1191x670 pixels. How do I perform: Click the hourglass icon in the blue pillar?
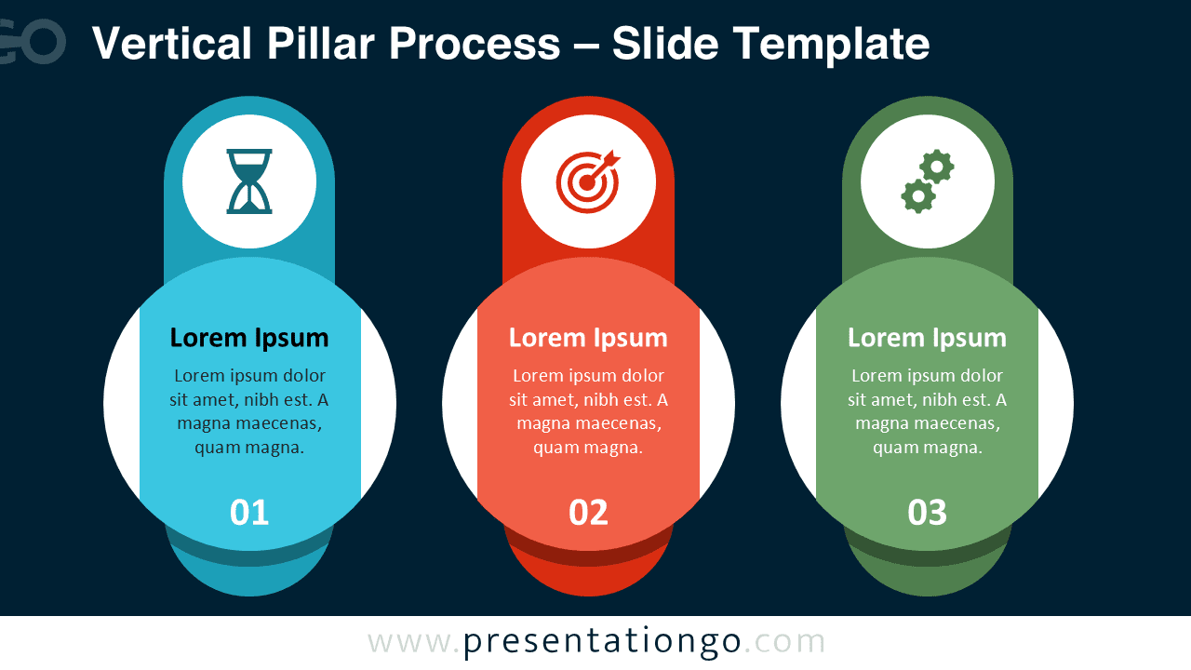pyautogui.click(x=249, y=181)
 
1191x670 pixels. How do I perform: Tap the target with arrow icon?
pyautogui.click(x=588, y=181)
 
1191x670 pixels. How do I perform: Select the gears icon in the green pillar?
pyautogui.click(x=928, y=181)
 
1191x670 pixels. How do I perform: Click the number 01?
pyautogui.click(x=249, y=513)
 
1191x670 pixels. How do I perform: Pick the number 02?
pyautogui.click(x=588, y=513)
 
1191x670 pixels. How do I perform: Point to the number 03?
pyautogui.click(x=928, y=513)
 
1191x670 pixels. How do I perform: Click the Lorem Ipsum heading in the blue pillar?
pyautogui.click(x=249, y=338)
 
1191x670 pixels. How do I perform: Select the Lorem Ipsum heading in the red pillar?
pyautogui.click(x=588, y=338)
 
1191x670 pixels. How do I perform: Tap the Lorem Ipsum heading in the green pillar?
pyautogui.click(x=928, y=338)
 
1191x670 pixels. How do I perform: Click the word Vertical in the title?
pyautogui.click(x=172, y=44)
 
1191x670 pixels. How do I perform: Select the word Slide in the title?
pyautogui.click(x=663, y=44)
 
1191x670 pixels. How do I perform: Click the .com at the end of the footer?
pyautogui.click(x=785, y=642)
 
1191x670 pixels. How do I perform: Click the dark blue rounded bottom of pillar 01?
pyautogui.click(x=249, y=579)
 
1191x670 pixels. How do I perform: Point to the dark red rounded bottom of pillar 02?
pyautogui.click(x=588, y=579)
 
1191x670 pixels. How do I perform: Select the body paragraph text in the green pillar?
pyautogui.click(x=928, y=411)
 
